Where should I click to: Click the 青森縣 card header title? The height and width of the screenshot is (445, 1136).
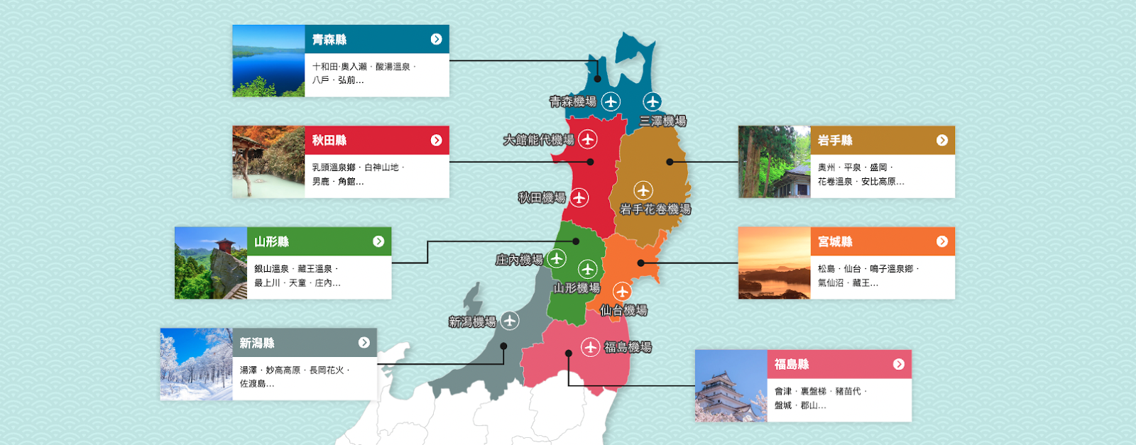click(x=329, y=40)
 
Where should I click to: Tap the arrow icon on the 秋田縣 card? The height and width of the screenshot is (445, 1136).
click(x=436, y=141)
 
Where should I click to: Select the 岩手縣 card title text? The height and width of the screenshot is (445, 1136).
click(x=835, y=141)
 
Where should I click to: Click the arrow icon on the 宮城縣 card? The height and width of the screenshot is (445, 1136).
click(x=942, y=241)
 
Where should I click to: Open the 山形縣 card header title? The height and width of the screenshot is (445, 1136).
click(x=271, y=241)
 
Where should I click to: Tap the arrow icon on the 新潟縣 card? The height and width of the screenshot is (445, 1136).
click(x=364, y=343)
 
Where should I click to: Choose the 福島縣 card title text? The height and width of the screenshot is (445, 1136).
click(x=792, y=364)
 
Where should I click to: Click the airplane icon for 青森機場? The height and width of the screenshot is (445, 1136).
click(x=611, y=101)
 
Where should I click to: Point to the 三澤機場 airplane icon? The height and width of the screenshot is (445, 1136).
click(x=652, y=101)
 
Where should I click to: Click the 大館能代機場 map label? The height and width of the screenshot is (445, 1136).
click(x=538, y=140)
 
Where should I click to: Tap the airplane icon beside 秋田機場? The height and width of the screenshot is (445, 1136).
click(x=579, y=197)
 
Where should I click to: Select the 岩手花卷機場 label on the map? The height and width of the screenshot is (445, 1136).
click(x=655, y=209)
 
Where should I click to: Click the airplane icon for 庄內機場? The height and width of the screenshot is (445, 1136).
click(x=557, y=258)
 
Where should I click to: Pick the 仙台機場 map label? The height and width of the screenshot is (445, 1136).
click(x=623, y=310)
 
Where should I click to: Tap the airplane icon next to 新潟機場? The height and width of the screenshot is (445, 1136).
click(x=510, y=321)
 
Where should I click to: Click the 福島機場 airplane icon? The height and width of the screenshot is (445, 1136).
click(x=590, y=347)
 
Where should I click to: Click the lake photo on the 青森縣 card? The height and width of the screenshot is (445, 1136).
click(x=268, y=61)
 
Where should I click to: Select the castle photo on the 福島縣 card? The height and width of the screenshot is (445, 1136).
click(x=731, y=386)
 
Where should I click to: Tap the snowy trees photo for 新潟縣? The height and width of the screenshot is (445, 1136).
click(x=196, y=364)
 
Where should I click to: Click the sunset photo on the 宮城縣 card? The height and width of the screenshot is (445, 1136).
click(x=774, y=263)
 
